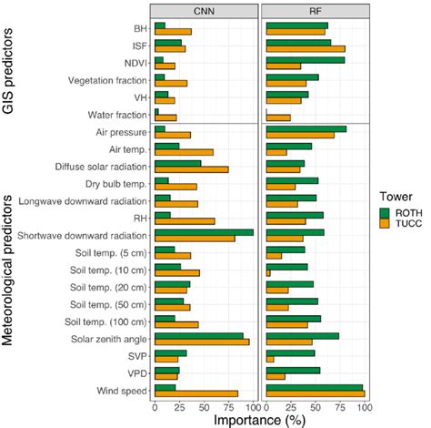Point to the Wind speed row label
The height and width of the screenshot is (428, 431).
[x=123, y=391]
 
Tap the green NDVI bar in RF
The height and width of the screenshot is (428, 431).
[x=306, y=59]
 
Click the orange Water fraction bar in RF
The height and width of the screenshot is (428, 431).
[x=278, y=117]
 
